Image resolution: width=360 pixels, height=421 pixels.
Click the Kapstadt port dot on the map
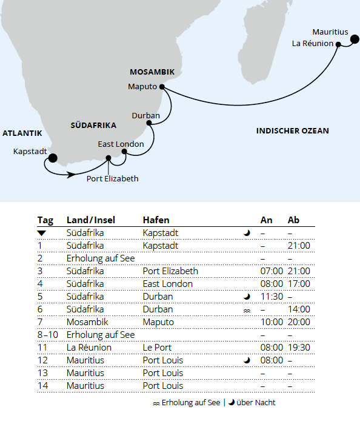click(53, 158)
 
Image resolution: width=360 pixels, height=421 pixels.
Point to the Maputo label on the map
click(142, 86)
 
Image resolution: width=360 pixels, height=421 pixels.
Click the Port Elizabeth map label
click(112, 178)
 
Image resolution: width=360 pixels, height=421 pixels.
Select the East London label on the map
click(121, 144)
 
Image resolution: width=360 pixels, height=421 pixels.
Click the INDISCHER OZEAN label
click(292, 131)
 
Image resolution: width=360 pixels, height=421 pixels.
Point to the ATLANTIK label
click(22, 133)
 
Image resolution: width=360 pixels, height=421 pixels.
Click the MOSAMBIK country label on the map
click(152, 72)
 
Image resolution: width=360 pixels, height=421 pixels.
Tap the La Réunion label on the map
click(313, 44)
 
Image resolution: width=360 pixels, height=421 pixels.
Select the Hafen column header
click(156, 220)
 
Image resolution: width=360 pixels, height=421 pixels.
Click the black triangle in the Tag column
click(41, 233)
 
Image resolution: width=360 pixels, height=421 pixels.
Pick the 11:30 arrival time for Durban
click(271, 297)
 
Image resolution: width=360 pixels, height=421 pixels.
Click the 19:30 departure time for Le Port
click(299, 348)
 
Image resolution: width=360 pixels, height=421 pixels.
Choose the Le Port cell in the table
click(157, 348)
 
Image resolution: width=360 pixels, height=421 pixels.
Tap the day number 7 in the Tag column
click(40, 322)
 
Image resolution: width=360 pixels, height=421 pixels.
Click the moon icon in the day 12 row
click(247, 360)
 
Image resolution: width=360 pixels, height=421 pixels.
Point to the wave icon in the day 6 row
click(247, 310)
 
